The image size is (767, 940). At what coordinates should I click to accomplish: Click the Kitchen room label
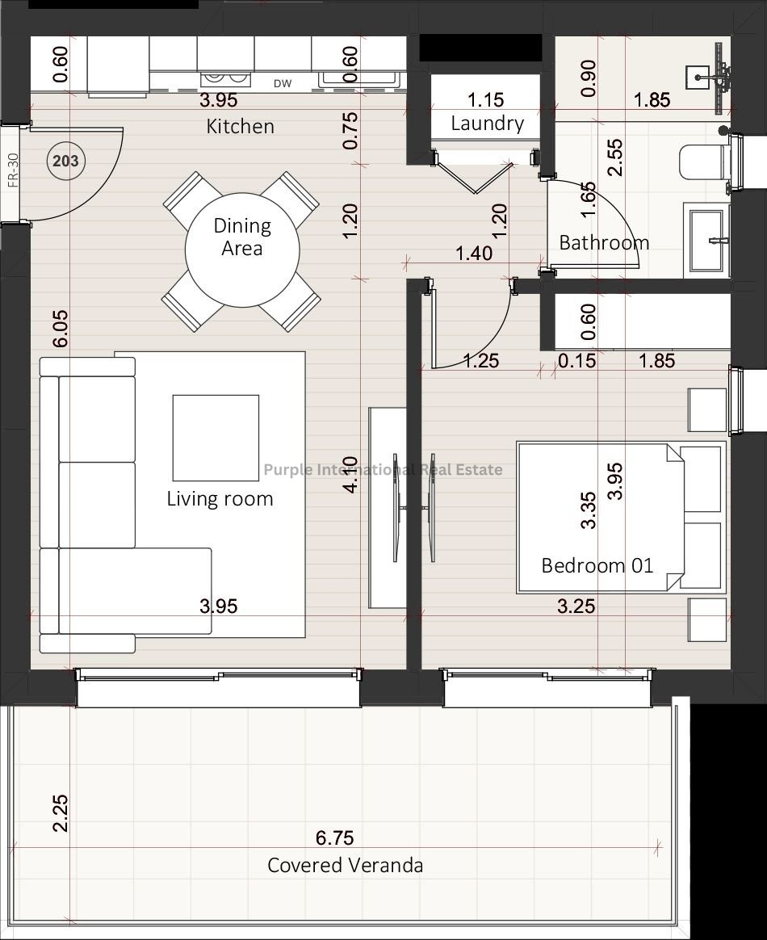click(x=241, y=127)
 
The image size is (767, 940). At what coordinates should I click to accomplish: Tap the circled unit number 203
click(x=65, y=161)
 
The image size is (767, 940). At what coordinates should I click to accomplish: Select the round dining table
click(x=242, y=250)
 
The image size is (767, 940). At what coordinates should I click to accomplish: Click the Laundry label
click(x=487, y=124)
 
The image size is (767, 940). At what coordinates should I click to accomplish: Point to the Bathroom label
click(x=604, y=242)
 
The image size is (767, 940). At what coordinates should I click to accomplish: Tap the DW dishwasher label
click(x=283, y=84)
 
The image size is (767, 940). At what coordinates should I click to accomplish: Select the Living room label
click(x=220, y=498)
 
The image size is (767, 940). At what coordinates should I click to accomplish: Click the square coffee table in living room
click(x=216, y=438)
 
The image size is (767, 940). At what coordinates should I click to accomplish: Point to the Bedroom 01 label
click(x=597, y=565)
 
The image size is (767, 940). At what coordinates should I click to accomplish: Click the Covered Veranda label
click(x=346, y=865)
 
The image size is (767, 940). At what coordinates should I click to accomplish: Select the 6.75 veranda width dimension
click(x=334, y=837)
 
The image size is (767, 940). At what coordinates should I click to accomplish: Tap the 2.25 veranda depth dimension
click(x=60, y=813)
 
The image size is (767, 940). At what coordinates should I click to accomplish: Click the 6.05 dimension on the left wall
click(x=60, y=329)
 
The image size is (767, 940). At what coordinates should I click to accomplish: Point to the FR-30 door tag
click(x=13, y=170)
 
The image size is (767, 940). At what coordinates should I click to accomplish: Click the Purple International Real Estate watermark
click(x=383, y=469)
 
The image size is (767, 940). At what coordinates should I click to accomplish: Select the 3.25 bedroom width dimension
click(x=576, y=606)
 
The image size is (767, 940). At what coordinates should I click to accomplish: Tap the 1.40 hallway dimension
click(x=474, y=253)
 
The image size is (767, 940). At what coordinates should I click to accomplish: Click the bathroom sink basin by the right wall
click(x=708, y=241)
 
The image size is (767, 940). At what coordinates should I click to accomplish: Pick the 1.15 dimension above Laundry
click(x=485, y=99)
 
